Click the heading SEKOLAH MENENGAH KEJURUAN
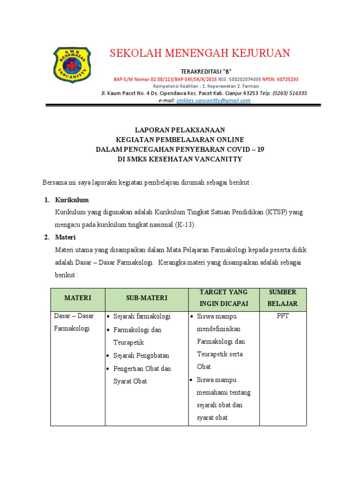200,53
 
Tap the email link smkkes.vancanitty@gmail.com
213,100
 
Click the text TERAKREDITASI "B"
200,71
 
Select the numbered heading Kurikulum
72,200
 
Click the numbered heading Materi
65,237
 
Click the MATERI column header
77,298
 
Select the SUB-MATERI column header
146,298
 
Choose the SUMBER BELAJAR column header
283,298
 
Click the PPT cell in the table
283,316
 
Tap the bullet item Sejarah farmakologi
142,316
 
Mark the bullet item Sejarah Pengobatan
141,355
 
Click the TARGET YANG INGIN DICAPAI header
224,298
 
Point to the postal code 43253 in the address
248,93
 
